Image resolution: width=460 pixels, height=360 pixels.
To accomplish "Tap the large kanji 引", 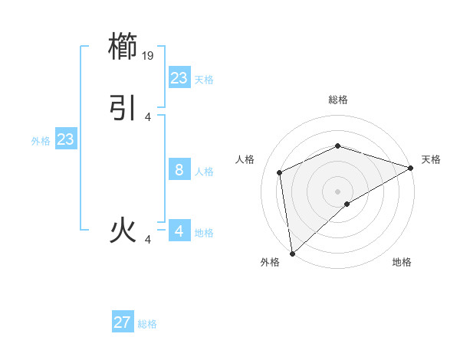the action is [124, 108].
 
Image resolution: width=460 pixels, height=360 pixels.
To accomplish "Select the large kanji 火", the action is [124, 231].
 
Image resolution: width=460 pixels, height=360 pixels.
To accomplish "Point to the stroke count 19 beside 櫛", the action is [149, 56].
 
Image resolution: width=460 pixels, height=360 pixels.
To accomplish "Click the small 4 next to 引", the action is [148, 116].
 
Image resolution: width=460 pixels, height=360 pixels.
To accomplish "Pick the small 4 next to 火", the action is [148, 240].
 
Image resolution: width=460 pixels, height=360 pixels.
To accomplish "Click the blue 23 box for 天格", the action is [179, 78].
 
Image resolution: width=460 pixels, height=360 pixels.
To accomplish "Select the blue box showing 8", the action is [179, 170].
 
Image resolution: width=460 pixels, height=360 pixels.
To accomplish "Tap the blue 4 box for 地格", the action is [179, 231].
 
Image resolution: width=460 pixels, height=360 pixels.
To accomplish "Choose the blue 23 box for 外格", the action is [66, 139].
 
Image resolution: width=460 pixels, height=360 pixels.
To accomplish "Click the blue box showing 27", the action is [123, 322].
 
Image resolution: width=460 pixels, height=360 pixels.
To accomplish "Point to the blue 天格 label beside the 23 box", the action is [204, 80].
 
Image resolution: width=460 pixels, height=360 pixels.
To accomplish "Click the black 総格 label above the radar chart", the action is [337, 100].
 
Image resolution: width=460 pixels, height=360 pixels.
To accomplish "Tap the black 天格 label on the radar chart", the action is [431, 159].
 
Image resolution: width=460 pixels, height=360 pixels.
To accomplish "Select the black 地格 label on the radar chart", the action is [402, 262].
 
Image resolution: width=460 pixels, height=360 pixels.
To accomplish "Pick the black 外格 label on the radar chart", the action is [270, 262].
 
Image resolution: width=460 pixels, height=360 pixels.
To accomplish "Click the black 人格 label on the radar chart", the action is [245, 159].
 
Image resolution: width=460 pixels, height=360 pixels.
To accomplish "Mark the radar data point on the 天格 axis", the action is [411, 168].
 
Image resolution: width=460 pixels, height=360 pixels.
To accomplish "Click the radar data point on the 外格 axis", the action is [292, 253].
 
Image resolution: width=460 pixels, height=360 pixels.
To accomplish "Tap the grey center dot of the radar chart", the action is [337, 191].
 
